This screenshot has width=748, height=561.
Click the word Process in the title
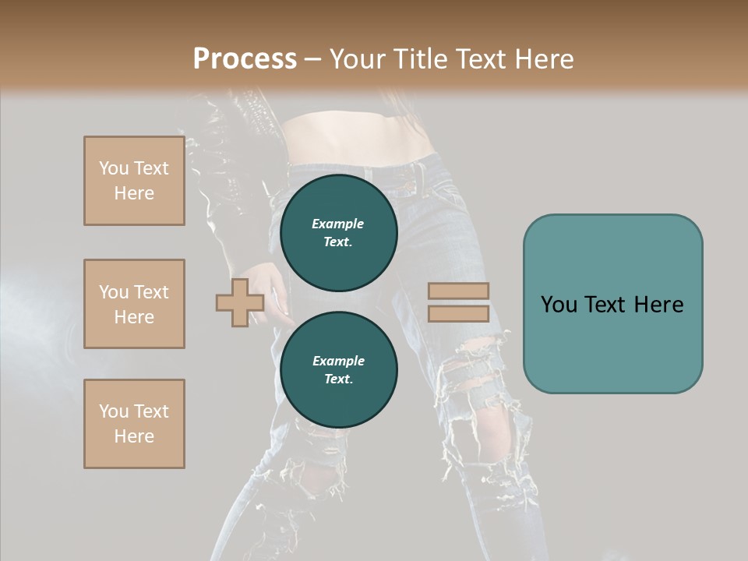[x=245, y=59]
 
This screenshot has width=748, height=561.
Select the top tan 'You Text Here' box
[x=134, y=181]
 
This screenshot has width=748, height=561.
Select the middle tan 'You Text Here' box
[x=134, y=304]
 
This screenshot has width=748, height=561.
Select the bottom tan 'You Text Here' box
[x=134, y=424]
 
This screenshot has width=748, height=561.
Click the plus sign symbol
[x=240, y=302]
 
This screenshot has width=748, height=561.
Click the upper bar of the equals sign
[x=459, y=291]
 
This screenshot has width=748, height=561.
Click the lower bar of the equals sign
[x=459, y=313]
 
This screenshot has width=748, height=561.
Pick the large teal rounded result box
[x=612, y=304]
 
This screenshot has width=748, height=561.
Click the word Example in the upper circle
[x=337, y=224]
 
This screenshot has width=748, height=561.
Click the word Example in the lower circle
[x=338, y=361]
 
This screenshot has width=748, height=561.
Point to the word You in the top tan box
[x=114, y=168]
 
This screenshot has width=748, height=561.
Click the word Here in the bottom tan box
[x=134, y=436]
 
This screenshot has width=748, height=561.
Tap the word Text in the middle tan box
[x=151, y=292]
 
